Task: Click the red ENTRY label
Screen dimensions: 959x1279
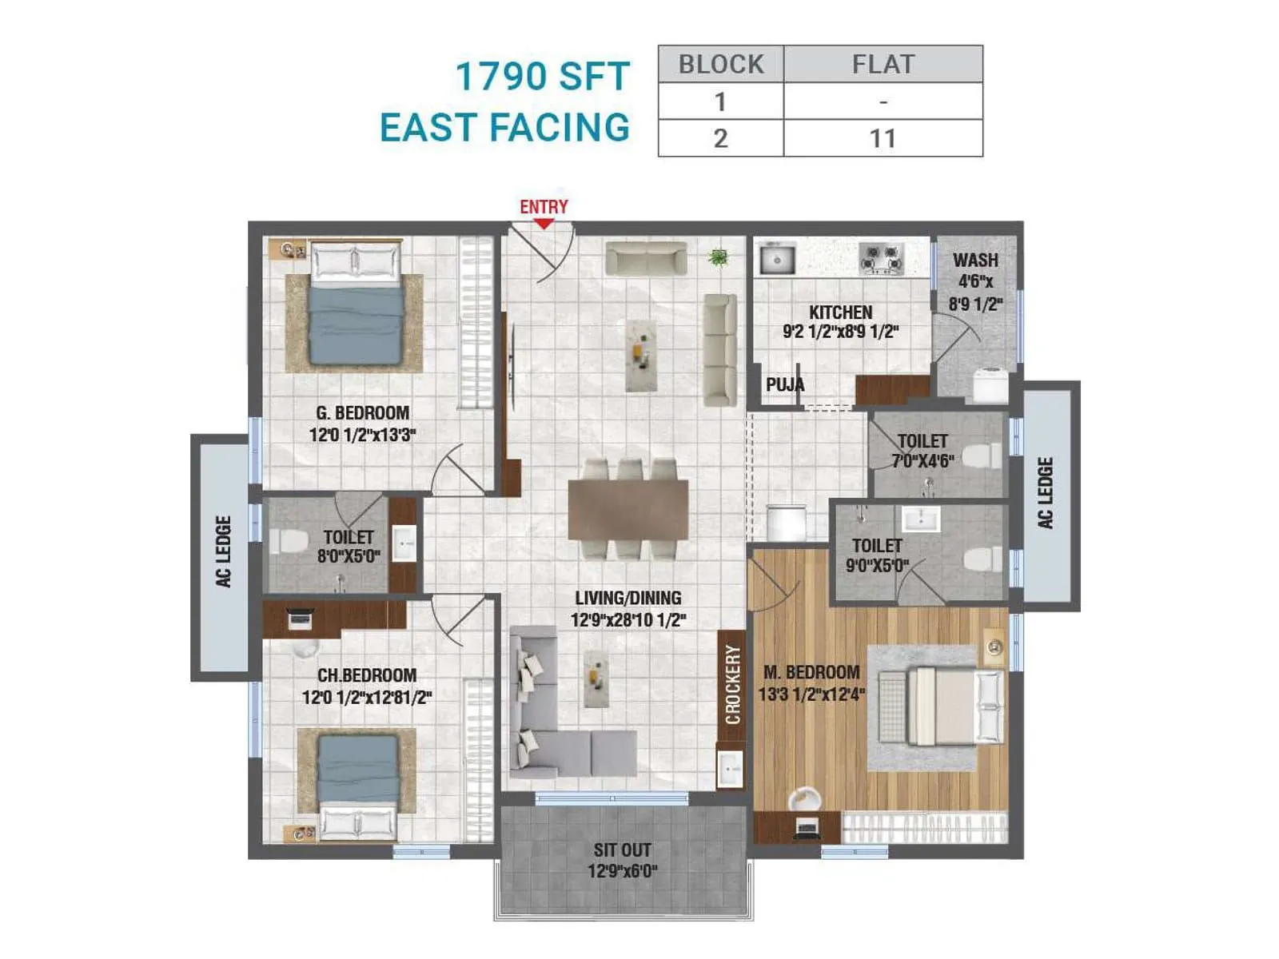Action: (x=544, y=207)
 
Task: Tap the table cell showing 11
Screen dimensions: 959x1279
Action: (x=883, y=138)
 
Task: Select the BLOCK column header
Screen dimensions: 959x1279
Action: (x=721, y=64)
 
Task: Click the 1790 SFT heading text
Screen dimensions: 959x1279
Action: (x=543, y=77)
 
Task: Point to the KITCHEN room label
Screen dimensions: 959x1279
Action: (x=840, y=312)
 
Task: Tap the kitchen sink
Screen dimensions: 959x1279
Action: (x=776, y=259)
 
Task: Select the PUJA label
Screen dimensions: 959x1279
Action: (x=785, y=384)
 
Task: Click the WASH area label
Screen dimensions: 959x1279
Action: (x=975, y=261)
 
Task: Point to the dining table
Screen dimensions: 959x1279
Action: (x=628, y=509)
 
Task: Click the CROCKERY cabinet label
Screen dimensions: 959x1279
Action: (x=732, y=685)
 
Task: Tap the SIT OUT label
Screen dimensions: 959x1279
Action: (x=622, y=850)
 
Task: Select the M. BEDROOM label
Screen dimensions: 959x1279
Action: (x=811, y=672)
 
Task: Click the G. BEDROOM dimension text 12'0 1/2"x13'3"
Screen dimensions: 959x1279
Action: (x=363, y=435)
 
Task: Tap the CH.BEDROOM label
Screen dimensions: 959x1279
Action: (x=366, y=675)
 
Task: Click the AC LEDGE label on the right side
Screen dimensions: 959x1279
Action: (x=1046, y=493)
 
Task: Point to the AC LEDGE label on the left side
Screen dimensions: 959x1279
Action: (x=224, y=551)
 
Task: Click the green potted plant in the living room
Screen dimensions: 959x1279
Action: (x=719, y=257)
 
